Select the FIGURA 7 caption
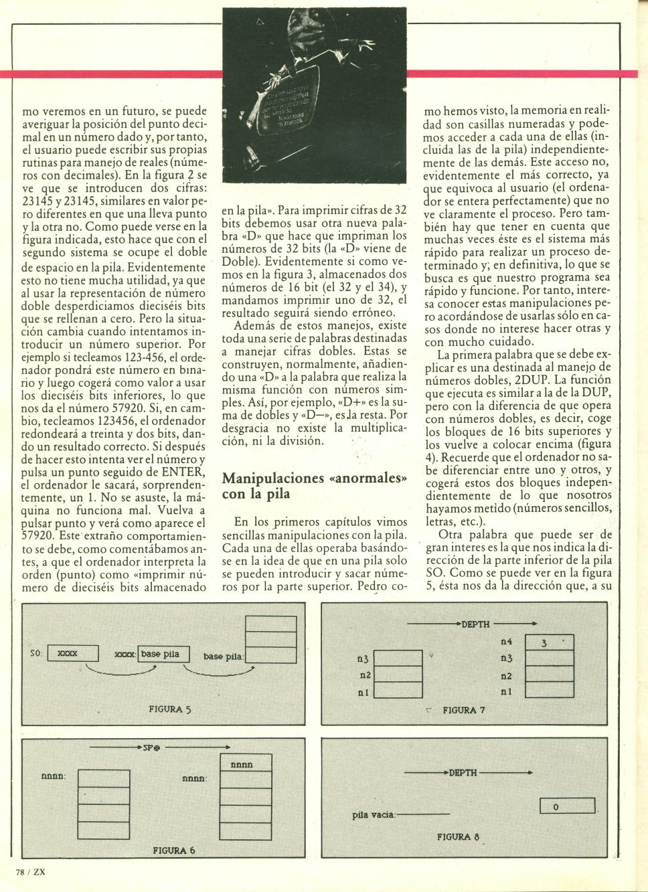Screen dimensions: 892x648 [463, 710]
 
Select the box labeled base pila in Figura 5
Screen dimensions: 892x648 [164, 654]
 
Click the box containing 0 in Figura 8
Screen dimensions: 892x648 [567, 807]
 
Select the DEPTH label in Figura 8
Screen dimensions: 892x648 [463, 772]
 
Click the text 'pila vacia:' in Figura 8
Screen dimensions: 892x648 [374, 815]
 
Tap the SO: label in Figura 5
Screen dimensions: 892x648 [37, 652]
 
